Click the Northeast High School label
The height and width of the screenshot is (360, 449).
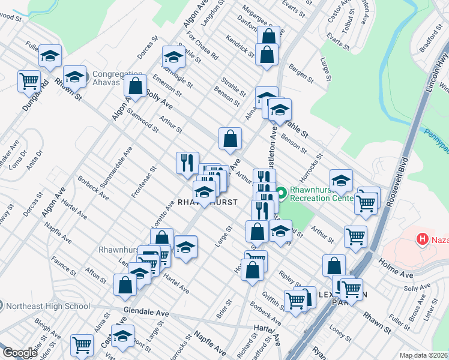pyautogui.click(x=47, y=306)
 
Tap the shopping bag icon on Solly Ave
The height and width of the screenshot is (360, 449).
pyautogui.click(x=136, y=86)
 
